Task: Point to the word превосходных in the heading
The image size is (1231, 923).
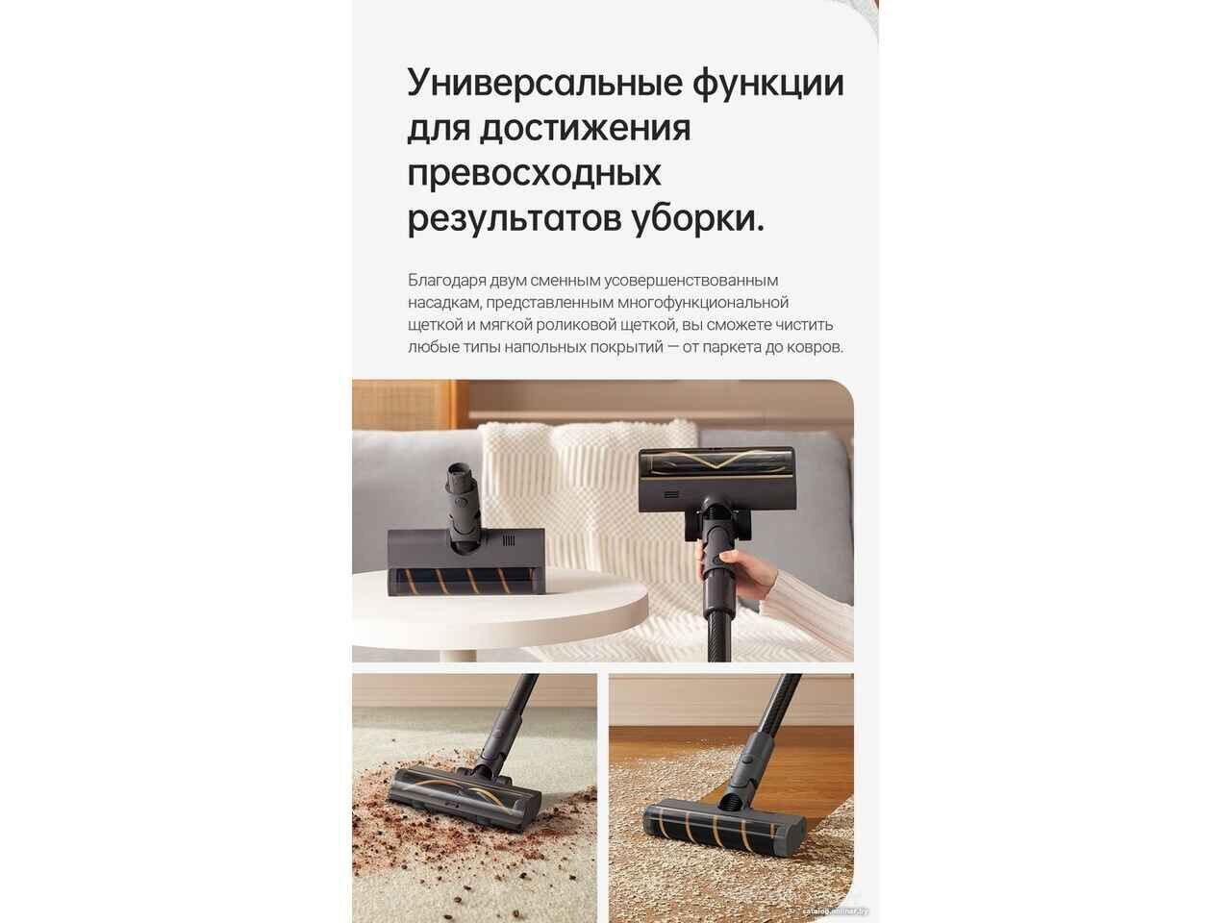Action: click(534, 174)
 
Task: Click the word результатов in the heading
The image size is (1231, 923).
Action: click(515, 219)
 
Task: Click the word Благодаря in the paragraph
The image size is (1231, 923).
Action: click(446, 280)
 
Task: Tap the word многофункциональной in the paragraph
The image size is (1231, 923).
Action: click(702, 303)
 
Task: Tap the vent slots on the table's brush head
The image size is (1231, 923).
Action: click(508, 540)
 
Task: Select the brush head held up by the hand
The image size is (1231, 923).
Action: click(716, 479)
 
